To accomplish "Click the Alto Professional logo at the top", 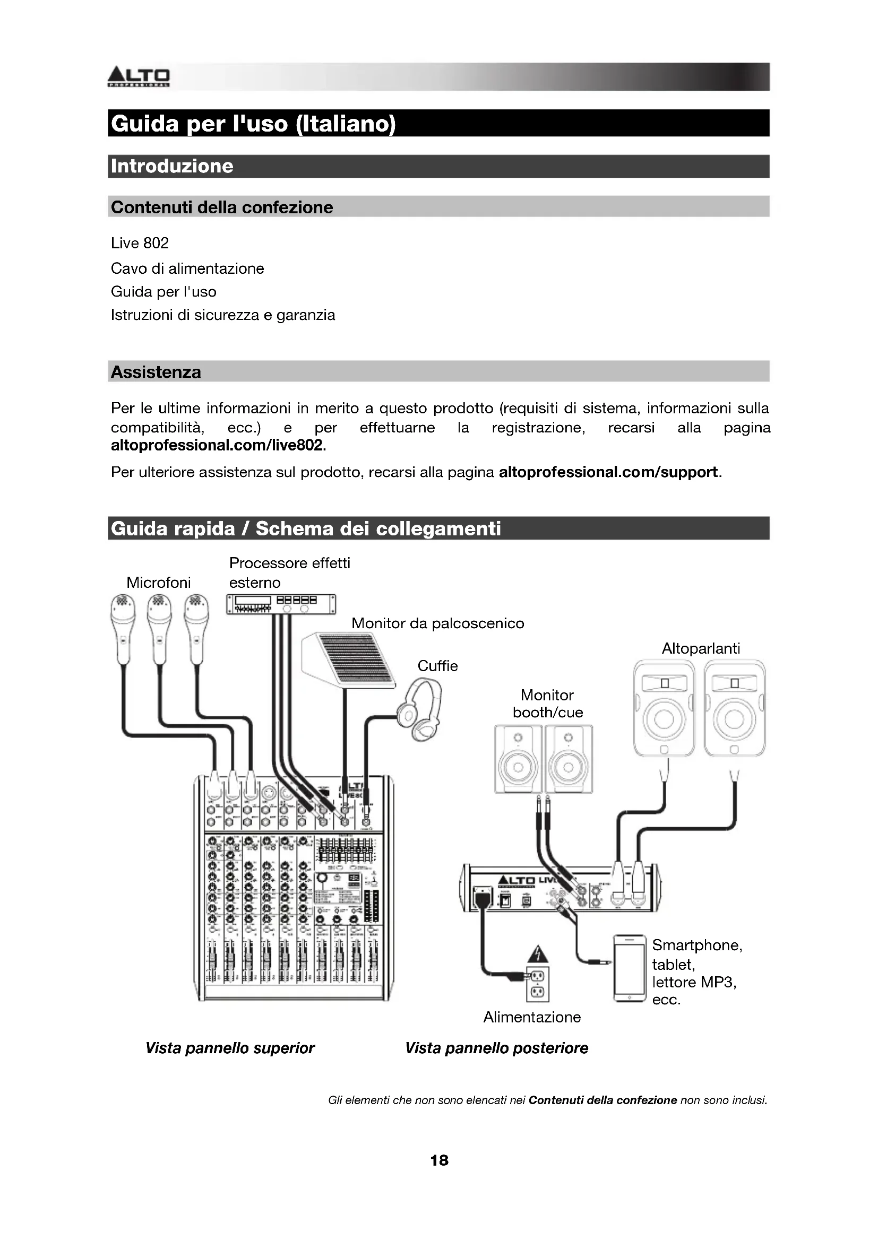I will [139, 77].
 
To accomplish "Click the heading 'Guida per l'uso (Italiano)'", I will [253, 124].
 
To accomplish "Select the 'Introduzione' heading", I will [172, 166].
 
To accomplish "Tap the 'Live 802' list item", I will [140, 243].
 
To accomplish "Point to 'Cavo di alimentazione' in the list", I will [187, 268].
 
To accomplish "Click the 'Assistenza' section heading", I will [156, 372].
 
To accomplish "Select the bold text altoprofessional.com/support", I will [608, 472].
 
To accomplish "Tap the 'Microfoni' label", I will [158, 583].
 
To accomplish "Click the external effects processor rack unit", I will [281, 604].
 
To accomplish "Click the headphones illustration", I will [419, 709].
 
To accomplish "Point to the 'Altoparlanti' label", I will [701, 648].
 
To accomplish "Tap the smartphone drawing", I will [630, 969].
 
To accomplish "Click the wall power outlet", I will [537, 984].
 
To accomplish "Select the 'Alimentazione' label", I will [532, 1017].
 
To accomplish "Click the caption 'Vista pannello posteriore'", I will [496, 1048].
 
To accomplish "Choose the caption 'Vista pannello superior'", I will [230, 1048].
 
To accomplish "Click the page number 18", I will [439, 1160].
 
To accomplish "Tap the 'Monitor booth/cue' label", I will [547, 704].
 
